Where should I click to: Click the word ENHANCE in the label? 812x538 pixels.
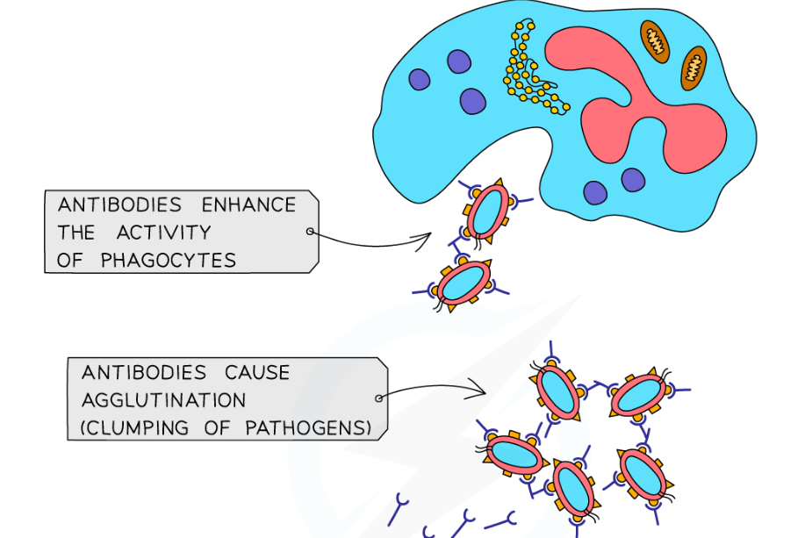pyautogui.click(x=249, y=205)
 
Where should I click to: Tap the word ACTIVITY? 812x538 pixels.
pyautogui.click(x=164, y=233)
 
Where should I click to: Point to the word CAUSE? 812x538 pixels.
pyautogui.click(x=257, y=372)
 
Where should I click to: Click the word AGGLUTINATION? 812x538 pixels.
pyautogui.click(x=164, y=400)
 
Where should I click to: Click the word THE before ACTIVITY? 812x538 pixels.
pyautogui.click(x=76, y=233)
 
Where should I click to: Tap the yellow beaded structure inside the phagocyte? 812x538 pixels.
pyautogui.click(x=530, y=75)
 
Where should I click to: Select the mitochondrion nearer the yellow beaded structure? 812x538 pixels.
pyautogui.click(x=654, y=40)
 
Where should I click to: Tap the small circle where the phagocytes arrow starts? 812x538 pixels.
pyautogui.click(x=310, y=232)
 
